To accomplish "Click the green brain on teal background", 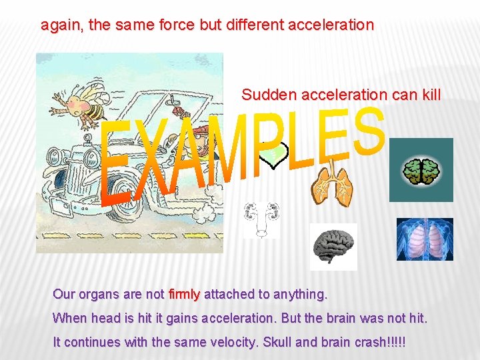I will [421, 170].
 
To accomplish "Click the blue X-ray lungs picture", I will [425, 239].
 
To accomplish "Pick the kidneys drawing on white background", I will [261, 219].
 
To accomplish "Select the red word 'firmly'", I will [185, 294].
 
